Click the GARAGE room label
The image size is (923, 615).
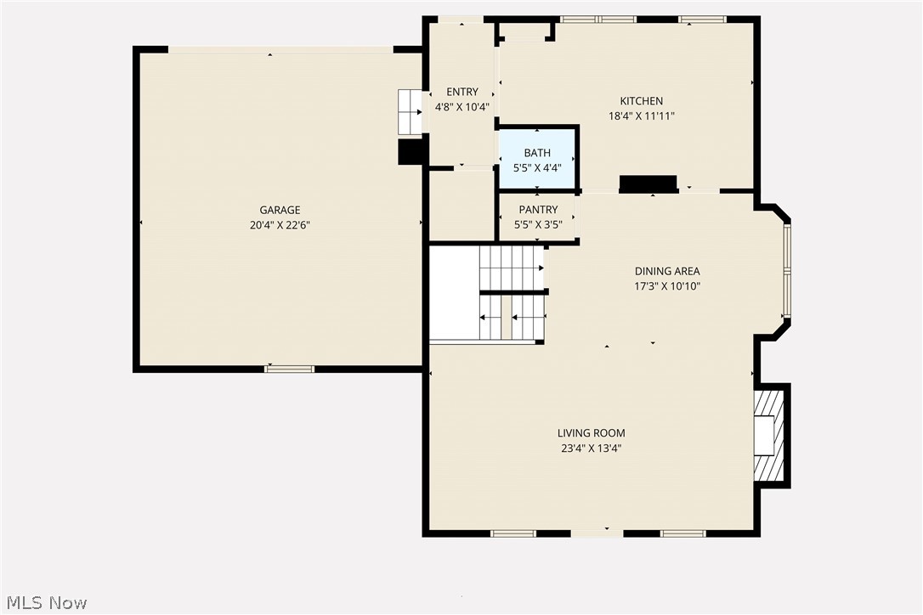(280, 210)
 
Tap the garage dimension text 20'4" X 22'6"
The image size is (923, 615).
(280, 226)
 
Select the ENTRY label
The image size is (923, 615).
(461, 92)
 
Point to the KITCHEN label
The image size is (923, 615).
(641, 101)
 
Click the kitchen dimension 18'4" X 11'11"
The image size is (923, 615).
(641, 116)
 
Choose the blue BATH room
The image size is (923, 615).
(537, 160)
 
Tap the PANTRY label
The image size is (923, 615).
(538, 210)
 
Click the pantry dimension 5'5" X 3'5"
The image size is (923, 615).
(538, 225)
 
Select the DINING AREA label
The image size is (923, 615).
(667, 271)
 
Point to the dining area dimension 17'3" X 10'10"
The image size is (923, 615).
(667, 286)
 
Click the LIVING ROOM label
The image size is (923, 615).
(591, 433)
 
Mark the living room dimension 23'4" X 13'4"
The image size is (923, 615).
(591, 449)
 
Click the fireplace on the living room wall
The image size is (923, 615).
(770, 435)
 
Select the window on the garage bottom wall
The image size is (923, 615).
(290, 369)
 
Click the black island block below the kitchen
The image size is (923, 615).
(648, 184)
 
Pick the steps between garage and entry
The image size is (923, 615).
(410, 111)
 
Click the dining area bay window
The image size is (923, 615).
(787, 270)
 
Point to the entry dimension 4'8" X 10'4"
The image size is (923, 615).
(461, 108)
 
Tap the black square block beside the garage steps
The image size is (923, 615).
(412, 151)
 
